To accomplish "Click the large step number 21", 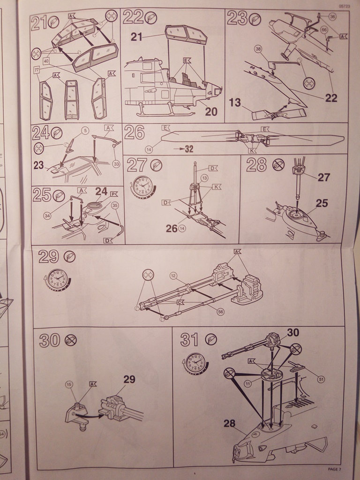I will click(39, 22).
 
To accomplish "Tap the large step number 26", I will click(135, 133).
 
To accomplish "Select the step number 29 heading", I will click(48, 256).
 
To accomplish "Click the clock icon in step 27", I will click(142, 186).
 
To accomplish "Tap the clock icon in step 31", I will click(195, 362).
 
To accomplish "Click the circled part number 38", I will click(258, 48).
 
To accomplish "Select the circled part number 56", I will click(219, 310).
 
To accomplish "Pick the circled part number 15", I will click(69, 384).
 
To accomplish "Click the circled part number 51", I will click(321, 379).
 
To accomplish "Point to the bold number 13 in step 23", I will click(235, 103).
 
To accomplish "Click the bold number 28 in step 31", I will click(229, 423).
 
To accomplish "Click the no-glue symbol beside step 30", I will click(71, 340).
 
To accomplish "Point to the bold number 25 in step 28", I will click(322, 203).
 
